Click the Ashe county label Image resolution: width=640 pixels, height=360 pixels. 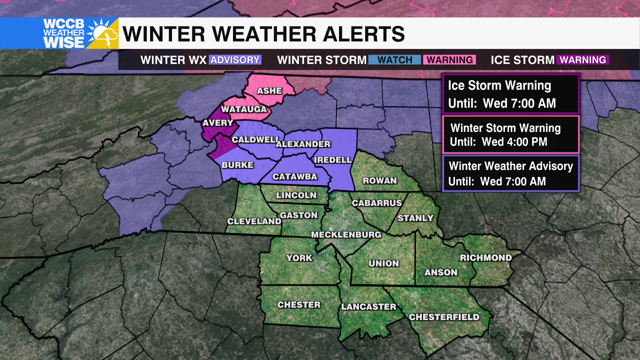(269, 91)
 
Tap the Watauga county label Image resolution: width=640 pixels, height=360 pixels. (244, 109)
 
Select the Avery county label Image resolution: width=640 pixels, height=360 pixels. (218, 123)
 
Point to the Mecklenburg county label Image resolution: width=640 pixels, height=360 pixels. (346, 234)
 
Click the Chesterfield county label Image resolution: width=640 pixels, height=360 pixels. (444, 317)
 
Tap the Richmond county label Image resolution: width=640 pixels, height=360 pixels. (486, 258)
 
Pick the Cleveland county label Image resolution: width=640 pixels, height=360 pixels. (254, 221)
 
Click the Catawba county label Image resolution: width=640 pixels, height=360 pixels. (295, 176)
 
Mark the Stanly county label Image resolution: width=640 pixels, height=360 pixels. (415, 218)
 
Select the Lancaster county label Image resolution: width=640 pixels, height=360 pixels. (368, 306)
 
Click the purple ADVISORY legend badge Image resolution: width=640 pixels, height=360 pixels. (235, 60)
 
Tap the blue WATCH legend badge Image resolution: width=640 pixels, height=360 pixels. (395, 60)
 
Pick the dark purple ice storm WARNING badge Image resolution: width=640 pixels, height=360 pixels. (583, 60)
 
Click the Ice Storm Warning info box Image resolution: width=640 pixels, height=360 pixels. (510, 94)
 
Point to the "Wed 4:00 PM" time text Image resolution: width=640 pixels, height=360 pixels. (514, 142)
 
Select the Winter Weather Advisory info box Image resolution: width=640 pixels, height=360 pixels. (510, 173)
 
